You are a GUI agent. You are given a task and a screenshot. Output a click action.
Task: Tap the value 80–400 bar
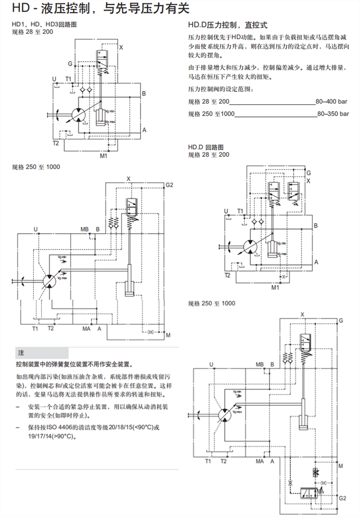click(331, 102)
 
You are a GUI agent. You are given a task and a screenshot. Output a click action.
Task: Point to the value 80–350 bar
click(332, 114)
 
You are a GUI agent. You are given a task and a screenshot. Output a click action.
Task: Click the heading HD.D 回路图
click(206, 147)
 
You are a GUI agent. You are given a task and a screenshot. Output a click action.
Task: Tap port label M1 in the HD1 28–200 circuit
click(103, 156)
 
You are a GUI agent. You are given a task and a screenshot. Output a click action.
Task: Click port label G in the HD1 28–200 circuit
click(70, 64)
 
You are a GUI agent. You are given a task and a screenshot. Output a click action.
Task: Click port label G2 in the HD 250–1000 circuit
click(170, 185)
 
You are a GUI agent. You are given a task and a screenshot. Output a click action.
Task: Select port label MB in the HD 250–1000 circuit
click(85, 230)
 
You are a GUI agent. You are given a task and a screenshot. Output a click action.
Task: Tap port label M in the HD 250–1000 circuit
click(168, 335)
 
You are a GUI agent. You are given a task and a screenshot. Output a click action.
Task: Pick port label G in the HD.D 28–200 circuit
click(308, 173)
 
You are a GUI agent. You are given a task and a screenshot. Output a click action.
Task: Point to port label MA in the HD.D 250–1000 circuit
click(260, 461)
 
